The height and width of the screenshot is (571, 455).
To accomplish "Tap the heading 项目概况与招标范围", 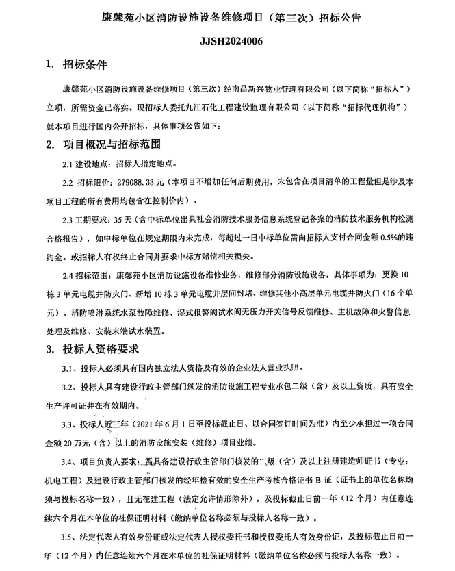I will tap(112, 145).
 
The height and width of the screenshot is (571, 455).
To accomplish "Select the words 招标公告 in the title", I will tap(339, 14).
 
